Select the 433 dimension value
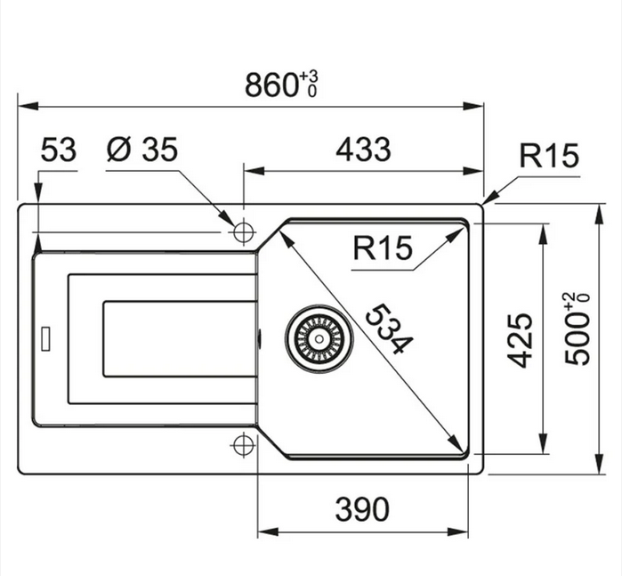tap(363, 150)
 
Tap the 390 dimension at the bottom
tap(362, 509)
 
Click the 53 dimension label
tap(60, 150)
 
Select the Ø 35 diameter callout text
tap(142, 150)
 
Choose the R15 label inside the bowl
tap(383, 248)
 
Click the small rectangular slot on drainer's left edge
tap(45, 339)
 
